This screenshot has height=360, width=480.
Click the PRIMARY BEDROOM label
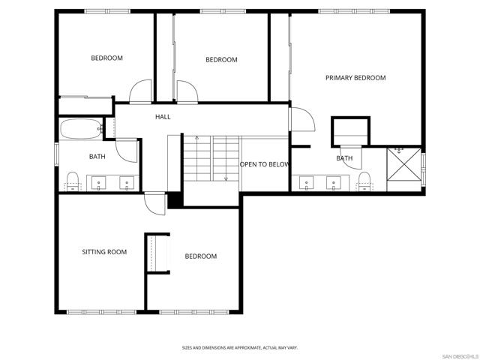point(355,78)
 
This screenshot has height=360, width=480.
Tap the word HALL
point(163,117)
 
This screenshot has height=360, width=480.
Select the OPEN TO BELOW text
point(264,164)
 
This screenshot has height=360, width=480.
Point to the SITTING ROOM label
point(104,252)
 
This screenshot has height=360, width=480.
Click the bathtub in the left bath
point(80,130)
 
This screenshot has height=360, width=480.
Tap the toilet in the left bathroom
point(73,179)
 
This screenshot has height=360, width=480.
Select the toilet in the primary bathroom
point(364,180)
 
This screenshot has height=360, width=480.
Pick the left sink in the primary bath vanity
point(306,181)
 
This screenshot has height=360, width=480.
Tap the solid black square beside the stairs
point(174,201)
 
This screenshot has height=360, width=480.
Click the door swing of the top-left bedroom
point(140,92)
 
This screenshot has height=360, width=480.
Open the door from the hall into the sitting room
point(155,204)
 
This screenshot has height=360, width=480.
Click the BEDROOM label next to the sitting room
point(200,256)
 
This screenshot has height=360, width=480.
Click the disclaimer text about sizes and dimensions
point(240,347)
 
